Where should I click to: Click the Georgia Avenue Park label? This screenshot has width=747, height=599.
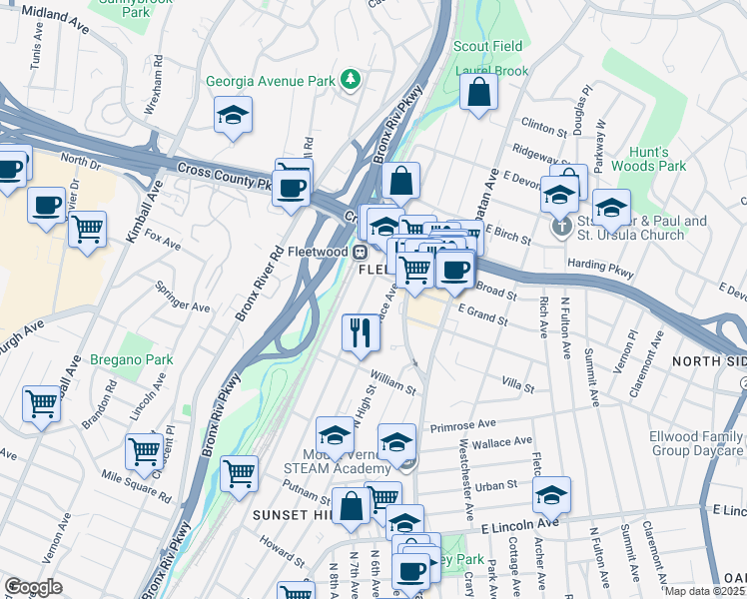[x=269, y=81]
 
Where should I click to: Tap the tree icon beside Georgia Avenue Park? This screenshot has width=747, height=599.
[x=350, y=79]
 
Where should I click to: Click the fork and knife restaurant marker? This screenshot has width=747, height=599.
[x=361, y=330]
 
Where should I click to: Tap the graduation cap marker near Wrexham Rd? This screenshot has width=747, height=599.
[x=233, y=115]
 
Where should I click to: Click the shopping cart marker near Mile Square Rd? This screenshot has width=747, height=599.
[x=145, y=450]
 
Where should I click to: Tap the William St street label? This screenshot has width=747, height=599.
[x=392, y=380]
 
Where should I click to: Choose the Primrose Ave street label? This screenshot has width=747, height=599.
[x=462, y=426]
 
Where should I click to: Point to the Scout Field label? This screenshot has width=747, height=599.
[x=487, y=47]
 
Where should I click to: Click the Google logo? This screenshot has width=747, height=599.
[x=33, y=587]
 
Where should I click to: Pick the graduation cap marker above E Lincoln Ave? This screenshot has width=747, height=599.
[x=551, y=494]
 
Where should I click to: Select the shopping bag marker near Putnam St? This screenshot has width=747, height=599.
[x=351, y=505]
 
